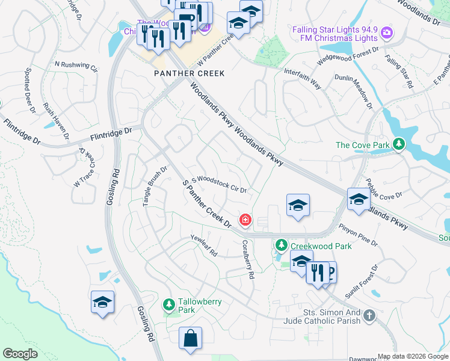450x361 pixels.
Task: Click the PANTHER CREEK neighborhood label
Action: click(188, 73)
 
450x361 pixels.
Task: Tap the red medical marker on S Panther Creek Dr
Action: click(245, 221)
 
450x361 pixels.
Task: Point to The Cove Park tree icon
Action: click(398, 144)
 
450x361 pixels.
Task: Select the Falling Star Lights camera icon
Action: click(386, 32)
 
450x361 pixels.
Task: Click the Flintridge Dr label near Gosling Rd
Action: click(111, 131)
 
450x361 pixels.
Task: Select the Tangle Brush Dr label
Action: click(155, 187)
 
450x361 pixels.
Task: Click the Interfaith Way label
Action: click(302, 79)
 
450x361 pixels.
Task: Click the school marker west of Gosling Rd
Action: click(102, 301)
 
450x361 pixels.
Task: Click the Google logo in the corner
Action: click(20, 354)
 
